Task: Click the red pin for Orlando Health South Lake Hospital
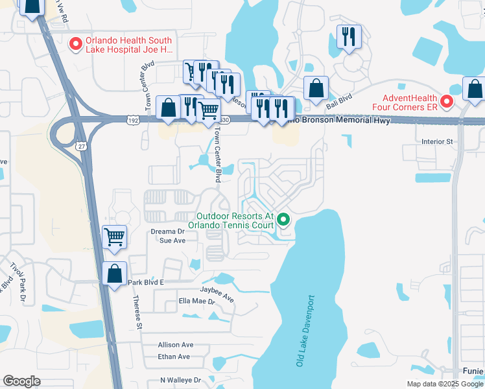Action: (x=75, y=43)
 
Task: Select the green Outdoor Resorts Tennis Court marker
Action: (x=283, y=220)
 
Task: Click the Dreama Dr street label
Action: (x=168, y=231)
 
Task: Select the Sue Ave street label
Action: (x=173, y=241)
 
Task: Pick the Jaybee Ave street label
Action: (x=217, y=290)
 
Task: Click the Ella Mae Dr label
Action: (x=196, y=301)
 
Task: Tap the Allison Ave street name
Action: (x=175, y=345)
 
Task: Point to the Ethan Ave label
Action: (x=174, y=357)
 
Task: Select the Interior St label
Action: (x=436, y=141)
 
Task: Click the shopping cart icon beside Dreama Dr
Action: (x=115, y=237)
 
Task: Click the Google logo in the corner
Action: (x=21, y=381)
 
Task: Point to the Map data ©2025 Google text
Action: (x=445, y=384)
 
